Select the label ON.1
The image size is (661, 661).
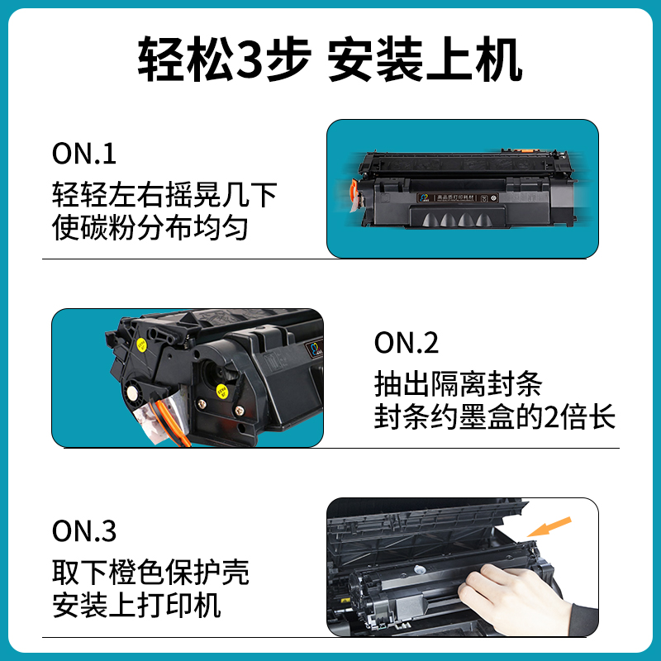84,154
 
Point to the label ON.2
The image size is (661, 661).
407,342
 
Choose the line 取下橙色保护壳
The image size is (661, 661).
150,571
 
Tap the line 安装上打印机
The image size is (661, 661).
136,606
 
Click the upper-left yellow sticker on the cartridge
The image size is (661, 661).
142,345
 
